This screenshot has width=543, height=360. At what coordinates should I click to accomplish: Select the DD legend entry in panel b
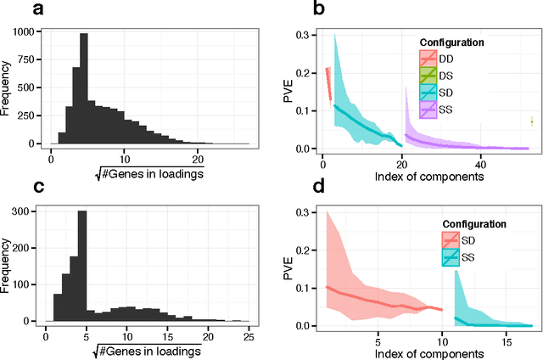pos(445,59)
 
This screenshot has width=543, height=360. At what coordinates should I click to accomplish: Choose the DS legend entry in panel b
pos(445,74)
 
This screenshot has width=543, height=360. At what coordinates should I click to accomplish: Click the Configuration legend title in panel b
pos(455,42)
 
